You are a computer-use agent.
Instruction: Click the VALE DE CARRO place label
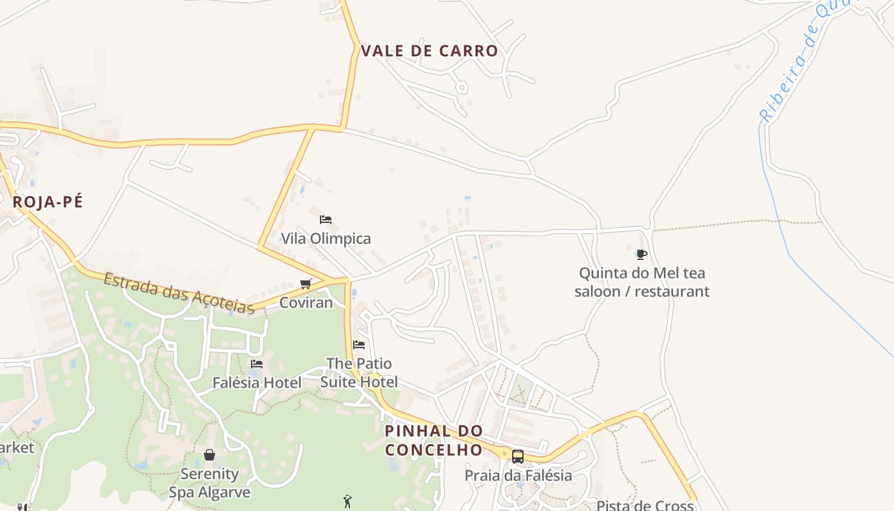(x=429, y=51)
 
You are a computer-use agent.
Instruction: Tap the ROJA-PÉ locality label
(x=48, y=202)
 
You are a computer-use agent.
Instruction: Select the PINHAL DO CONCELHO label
(x=434, y=440)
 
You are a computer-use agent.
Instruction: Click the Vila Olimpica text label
(x=326, y=239)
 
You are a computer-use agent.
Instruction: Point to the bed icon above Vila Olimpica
(x=326, y=220)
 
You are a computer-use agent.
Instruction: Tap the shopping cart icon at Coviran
(x=306, y=284)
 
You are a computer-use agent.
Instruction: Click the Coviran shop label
(x=306, y=303)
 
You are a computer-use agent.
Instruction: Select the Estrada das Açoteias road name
(x=179, y=293)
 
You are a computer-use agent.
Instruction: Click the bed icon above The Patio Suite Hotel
(x=359, y=345)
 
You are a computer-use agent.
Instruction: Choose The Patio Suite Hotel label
(x=359, y=373)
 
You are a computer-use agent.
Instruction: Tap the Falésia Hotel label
(x=257, y=383)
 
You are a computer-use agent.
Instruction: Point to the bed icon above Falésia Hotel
(x=257, y=364)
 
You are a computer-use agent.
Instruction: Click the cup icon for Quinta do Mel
(x=642, y=254)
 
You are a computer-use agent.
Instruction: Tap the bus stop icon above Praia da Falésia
(x=518, y=457)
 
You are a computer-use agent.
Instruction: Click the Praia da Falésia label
(x=518, y=476)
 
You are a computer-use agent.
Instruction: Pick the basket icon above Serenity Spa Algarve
(x=209, y=455)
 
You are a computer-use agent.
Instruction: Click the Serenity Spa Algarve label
(x=209, y=483)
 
